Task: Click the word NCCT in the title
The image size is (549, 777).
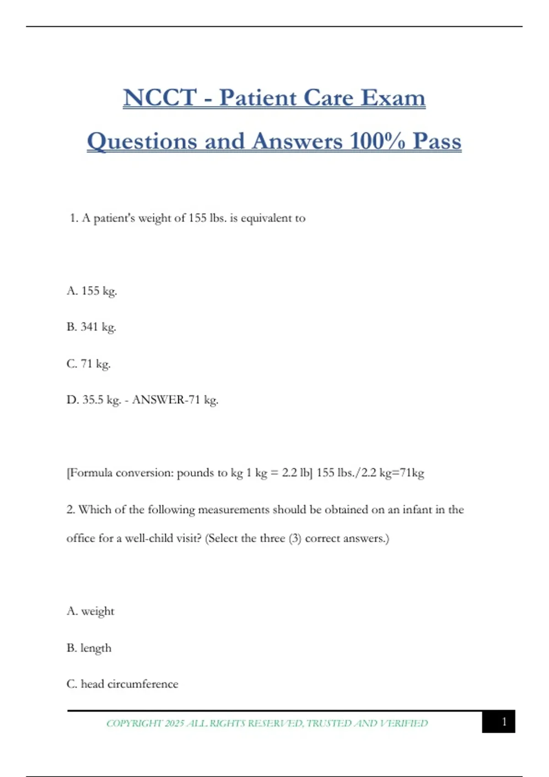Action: (160, 97)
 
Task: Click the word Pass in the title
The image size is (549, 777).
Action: (437, 141)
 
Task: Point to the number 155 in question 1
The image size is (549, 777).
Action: (198, 218)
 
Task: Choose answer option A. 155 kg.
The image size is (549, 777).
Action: (92, 291)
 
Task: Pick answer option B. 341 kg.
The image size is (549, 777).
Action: (91, 327)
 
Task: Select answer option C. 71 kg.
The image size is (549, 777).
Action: (89, 364)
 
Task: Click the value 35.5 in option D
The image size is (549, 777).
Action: (93, 400)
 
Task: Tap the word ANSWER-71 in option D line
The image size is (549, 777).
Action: (166, 400)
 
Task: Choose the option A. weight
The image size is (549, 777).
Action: (91, 611)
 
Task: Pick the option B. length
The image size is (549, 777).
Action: (89, 648)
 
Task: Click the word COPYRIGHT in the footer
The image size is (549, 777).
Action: (134, 723)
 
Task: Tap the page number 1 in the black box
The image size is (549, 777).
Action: (504, 722)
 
